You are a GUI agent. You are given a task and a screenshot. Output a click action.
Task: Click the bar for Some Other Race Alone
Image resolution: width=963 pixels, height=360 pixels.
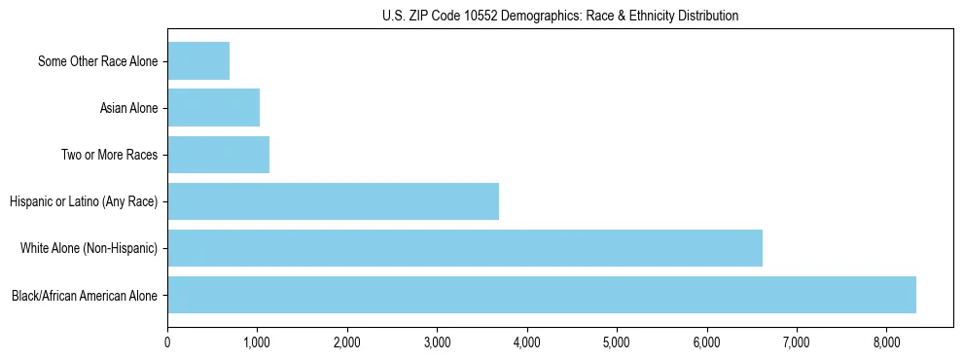click(198, 61)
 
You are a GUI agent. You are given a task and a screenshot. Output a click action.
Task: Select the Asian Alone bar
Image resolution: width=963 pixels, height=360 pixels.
click(213, 108)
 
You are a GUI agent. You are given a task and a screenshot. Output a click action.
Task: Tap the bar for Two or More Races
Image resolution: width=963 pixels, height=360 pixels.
click(218, 155)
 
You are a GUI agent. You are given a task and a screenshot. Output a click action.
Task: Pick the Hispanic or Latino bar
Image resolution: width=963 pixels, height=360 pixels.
click(333, 201)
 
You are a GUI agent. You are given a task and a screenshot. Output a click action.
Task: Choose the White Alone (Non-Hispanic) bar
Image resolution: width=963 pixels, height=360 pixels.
click(465, 248)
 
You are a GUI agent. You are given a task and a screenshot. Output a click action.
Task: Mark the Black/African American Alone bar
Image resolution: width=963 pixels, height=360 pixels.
click(542, 295)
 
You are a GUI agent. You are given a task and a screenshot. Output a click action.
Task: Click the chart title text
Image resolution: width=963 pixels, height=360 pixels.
click(560, 16)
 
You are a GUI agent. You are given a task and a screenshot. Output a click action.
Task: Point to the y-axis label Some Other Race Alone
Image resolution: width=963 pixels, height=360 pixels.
click(98, 62)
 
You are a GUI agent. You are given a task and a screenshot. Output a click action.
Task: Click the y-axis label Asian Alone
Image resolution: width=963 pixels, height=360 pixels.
click(129, 109)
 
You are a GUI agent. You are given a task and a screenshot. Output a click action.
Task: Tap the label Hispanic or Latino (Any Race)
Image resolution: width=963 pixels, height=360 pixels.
click(84, 202)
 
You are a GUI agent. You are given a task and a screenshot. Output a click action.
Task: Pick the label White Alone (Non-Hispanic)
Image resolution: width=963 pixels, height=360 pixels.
click(89, 249)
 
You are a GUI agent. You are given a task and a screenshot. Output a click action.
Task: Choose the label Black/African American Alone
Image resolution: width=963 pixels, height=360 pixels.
click(85, 296)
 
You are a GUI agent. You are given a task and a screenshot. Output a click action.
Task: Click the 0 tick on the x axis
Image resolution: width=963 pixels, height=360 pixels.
click(167, 342)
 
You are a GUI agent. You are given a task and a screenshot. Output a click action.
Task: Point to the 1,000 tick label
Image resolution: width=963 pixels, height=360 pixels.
click(257, 342)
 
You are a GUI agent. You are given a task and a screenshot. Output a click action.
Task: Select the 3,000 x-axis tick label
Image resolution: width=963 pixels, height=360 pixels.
click(437, 342)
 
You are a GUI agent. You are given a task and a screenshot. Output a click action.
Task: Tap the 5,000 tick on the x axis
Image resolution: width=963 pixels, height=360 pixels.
click(617, 342)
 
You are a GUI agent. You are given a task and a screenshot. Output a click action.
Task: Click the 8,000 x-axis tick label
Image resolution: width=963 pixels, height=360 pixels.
click(886, 342)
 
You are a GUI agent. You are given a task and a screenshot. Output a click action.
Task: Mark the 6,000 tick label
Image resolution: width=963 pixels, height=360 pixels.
click(706, 342)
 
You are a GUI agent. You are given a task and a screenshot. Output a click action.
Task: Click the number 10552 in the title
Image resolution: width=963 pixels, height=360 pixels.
click(493, 16)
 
